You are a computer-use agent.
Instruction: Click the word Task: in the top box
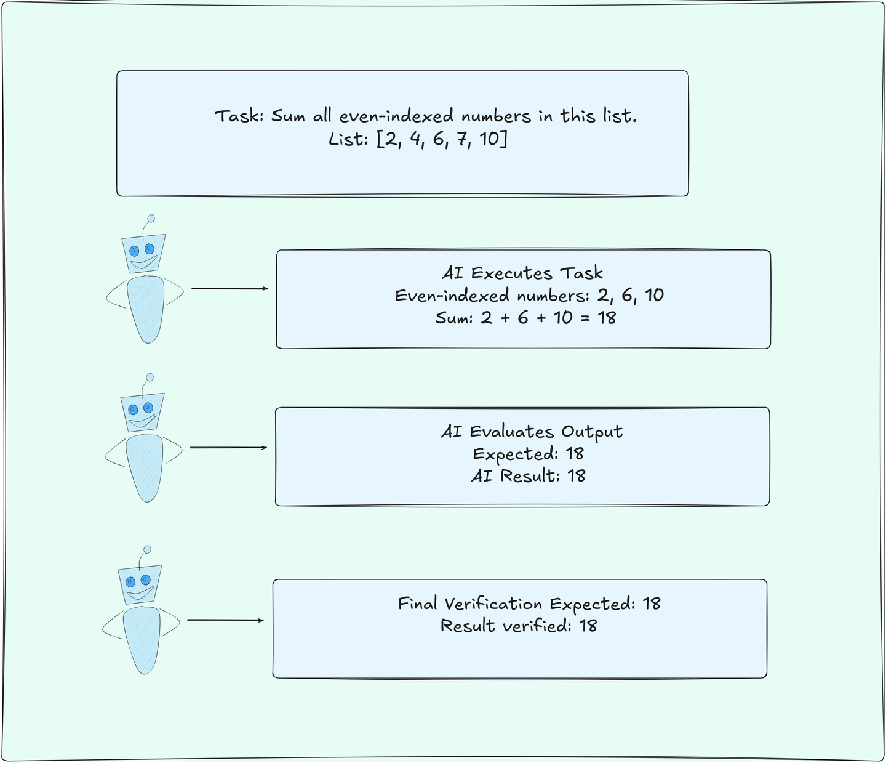[239, 116]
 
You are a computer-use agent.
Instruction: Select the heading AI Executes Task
[522, 273]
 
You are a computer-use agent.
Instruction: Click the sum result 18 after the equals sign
[607, 318]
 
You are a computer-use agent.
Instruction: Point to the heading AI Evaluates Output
[532, 432]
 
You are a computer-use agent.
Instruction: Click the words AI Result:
[516, 476]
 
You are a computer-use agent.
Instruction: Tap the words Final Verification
[470, 604]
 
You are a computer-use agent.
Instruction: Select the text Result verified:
[506, 626]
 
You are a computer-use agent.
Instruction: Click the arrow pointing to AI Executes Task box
[229, 289]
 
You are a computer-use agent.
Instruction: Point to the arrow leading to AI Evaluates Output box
[228, 448]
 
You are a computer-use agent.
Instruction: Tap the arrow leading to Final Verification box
[226, 620]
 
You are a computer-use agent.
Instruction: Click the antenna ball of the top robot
[151, 219]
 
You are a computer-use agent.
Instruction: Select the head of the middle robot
[143, 412]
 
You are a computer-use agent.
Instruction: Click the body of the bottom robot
[142, 640]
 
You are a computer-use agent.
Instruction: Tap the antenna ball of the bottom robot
[147, 549]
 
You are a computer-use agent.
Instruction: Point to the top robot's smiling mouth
[144, 262]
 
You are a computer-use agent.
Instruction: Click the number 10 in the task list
[489, 139]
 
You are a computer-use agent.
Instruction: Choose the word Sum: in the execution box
[454, 318]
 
